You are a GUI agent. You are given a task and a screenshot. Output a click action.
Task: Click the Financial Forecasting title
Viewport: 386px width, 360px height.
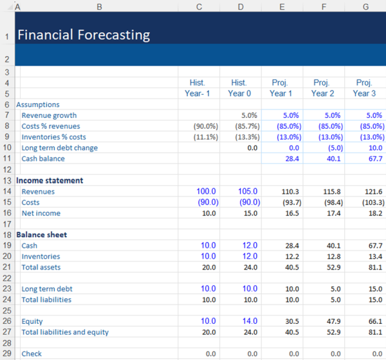tap(83, 35)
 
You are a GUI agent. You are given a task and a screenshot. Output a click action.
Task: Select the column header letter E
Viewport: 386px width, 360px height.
tap(282, 6)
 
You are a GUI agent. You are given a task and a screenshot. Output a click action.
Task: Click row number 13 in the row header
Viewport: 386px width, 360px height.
tap(6, 180)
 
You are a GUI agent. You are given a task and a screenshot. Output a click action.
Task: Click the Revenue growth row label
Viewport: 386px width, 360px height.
tap(49, 115)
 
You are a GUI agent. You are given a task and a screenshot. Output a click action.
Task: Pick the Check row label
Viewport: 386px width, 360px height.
tap(32, 354)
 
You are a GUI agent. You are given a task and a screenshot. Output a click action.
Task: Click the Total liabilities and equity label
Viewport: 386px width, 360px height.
tap(65, 332)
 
